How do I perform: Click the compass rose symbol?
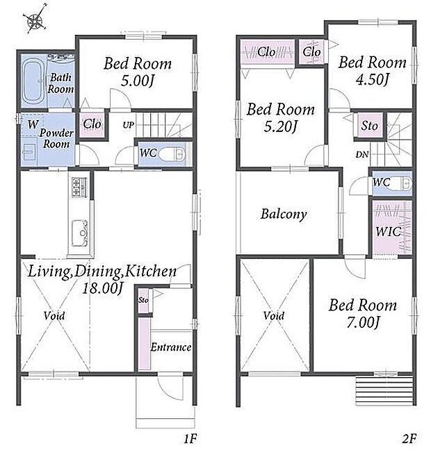[x=35, y=19]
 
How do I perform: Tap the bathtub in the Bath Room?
[x=33, y=80]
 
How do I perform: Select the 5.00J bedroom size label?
[x=137, y=81]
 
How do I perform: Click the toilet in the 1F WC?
[x=173, y=154]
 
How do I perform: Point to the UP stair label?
[x=129, y=125]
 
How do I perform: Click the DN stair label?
[x=362, y=154]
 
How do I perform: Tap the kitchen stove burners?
[x=79, y=188]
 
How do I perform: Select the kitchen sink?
[x=80, y=233]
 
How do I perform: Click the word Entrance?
[x=171, y=347]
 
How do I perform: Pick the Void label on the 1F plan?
[x=54, y=315]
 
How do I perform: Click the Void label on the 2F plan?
[x=274, y=315]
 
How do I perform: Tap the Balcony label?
[x=284, y=214]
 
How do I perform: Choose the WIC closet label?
[x=388, y=232]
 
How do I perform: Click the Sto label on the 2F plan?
[x=369, y=126]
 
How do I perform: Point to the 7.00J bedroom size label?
[x=364, y=322]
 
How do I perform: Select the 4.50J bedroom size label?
[x=373, y=79]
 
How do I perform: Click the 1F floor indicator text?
[x=190, y=438]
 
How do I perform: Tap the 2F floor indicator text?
[x=409, y=438]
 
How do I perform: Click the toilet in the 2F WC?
[x=401, y=183]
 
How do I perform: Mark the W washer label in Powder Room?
[x=33, y=124]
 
